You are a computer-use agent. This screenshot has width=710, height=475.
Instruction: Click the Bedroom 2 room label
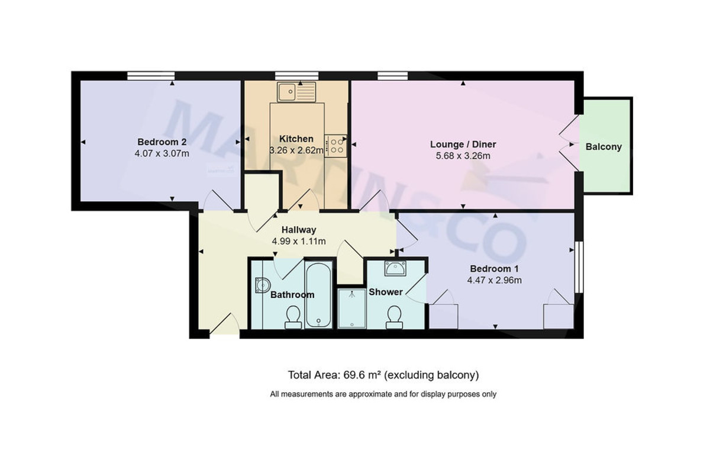click(x=162, y=142)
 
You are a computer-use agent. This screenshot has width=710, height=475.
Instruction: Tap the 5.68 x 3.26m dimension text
click(x=463, y=156)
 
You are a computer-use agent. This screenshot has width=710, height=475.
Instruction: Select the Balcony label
click(x=603, y=147)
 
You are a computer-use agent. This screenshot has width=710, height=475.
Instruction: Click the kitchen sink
click(x=298, y=91)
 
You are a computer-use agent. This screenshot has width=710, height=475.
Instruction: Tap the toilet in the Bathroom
click(x=292, y=317)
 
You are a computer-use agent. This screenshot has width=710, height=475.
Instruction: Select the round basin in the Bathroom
click(x=261, y=286)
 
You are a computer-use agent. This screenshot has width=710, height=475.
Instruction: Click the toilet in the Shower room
click(x=393, y=317)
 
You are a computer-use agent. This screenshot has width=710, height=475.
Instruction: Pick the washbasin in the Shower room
click(x=394, y=268)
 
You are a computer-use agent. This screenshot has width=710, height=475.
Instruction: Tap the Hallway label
click(x=298, y=230)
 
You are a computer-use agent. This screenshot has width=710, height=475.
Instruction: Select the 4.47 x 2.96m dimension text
click(x=495, y=281)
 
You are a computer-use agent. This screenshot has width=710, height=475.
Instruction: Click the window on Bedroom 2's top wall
click(x=151, y=75)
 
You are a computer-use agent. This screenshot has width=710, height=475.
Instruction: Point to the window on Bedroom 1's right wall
click(x=579, y=267)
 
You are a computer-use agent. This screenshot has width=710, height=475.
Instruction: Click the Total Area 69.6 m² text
click(x=383, y=375)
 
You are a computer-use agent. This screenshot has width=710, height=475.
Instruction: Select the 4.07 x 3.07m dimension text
click(x=162, y=154)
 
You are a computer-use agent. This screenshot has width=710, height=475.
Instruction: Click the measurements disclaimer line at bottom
click(x=383, y=394)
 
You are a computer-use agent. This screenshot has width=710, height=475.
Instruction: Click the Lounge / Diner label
click(x=463, y=145)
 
